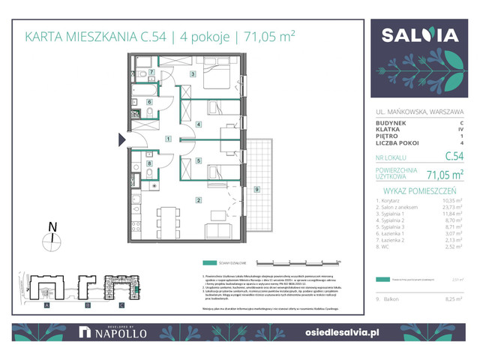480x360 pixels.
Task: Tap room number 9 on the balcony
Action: [x=256, y=189]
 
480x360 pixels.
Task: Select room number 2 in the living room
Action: [x=198, y=199]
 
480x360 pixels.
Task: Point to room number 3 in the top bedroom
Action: [x=193, y=74]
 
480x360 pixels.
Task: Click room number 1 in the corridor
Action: [x=169, y=139]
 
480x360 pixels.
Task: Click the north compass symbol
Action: [x=51, y=239]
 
